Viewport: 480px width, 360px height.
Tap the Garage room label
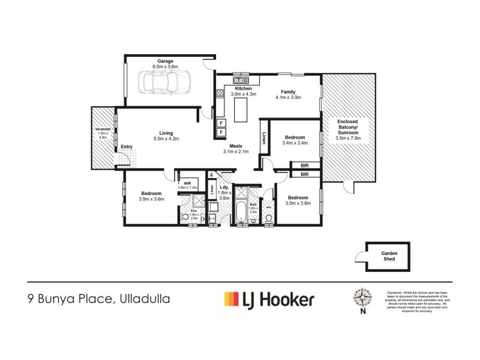166,61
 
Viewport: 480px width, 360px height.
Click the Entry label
127,147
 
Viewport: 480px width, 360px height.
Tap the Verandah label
101,130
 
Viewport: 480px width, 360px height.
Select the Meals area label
235,146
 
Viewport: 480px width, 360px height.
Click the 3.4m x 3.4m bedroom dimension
294,143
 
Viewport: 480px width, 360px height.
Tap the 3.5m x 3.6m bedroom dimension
151,199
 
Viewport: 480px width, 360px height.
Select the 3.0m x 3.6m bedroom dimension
298,203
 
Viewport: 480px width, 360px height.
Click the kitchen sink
241,80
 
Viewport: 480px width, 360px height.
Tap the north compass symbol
362,298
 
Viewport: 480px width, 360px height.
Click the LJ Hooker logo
268,298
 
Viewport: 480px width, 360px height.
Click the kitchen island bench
240,110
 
